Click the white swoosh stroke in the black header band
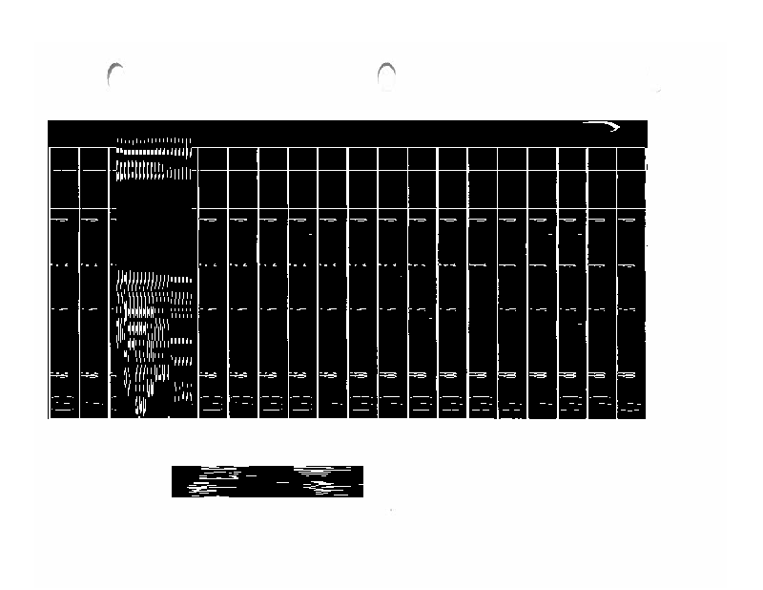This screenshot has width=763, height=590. pyautogui.click(x=603, y=126)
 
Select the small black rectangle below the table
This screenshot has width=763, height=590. pyautogui.click(x=267, y=481)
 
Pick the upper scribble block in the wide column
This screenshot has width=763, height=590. pyautogui.click(x=155, y=159)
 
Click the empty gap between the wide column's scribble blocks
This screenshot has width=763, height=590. pyautogui.click(x=155, y=229)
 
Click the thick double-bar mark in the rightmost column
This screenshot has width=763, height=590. pyautogui.click(x=629, y=375)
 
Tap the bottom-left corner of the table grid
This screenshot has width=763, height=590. pyautogui.click(x=50, y=417)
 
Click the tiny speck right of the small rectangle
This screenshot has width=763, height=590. pyautogui.click(x=391, y=511)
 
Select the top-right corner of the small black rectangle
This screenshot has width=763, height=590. pyautogui.click(x=362, y=467)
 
